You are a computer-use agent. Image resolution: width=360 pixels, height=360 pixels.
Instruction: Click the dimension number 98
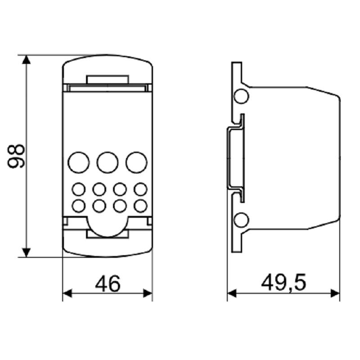point(17,156)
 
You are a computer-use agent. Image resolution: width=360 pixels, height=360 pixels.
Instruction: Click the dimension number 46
point(108,284)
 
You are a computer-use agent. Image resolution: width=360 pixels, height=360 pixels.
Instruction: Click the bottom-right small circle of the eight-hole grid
point(141,205)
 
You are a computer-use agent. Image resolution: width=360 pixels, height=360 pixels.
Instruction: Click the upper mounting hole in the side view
point(242,95)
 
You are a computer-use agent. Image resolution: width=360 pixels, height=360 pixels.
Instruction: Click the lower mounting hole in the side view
point(242,220)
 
